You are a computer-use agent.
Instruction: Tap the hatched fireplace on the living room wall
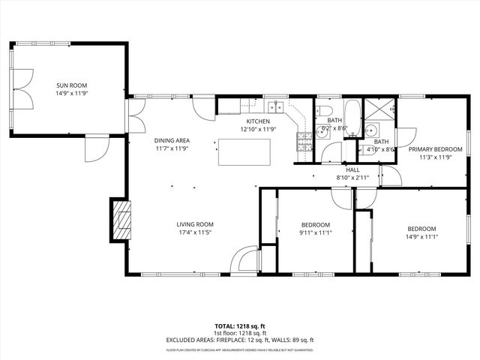(x=120, y=219)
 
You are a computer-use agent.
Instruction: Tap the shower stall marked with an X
(x=383, y=111)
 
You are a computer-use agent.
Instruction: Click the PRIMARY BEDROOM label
(x=434, y=149)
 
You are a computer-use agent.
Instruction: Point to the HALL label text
(x=352, y=169)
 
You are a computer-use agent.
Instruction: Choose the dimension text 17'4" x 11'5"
(x=195, y=232)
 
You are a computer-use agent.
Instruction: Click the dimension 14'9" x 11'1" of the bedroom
(x=421, y=237)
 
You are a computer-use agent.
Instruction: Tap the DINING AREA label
(x=172, y=140)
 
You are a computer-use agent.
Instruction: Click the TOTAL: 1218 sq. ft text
(x=239, y=326)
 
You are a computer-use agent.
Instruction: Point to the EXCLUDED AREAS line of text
(x=239, y=340)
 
